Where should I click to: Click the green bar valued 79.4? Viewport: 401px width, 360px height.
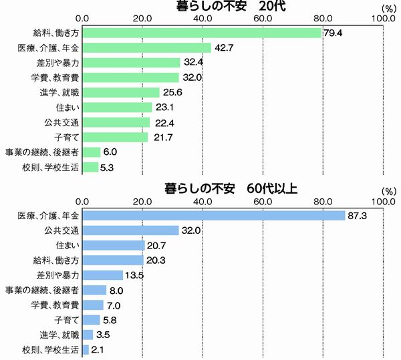(x=201, y=33)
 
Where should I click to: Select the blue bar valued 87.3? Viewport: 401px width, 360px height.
(x=213, y=216)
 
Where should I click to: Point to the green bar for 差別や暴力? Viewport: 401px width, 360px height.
(x=131, y=63)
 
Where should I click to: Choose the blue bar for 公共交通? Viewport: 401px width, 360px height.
(x=131, y=230)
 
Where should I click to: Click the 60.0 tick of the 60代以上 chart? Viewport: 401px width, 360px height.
(x=263, y=200)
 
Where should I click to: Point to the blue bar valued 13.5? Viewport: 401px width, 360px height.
(x=102, y=275)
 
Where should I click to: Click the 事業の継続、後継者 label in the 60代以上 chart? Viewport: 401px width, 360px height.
(x=42, y=290)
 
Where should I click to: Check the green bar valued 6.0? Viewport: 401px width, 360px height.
(x=91, y=152)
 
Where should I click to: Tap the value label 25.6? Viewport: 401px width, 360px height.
(x=171, y=93)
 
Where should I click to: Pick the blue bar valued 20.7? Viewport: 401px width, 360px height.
(x=113, y=245)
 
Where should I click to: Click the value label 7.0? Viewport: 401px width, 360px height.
(x=114, y=305)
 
